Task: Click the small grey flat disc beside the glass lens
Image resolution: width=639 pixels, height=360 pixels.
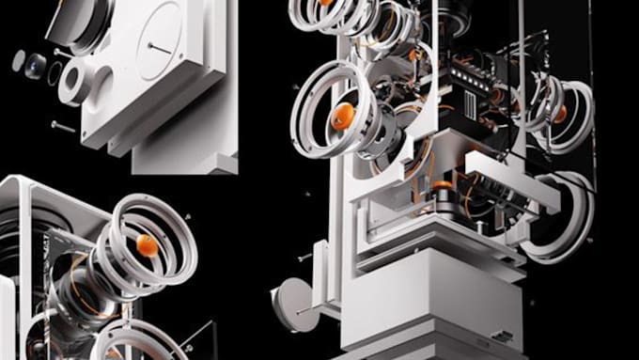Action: click(19, 59)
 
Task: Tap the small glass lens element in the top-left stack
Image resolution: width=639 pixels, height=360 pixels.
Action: click(36, 65)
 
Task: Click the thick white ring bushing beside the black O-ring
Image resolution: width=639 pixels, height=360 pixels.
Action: click(74, 84)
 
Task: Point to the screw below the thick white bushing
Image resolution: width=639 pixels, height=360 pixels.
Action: click(64, 124)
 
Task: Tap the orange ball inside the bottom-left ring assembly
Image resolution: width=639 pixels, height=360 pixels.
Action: click(147, 246)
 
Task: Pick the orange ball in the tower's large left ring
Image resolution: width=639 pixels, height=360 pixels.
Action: click(343, 115)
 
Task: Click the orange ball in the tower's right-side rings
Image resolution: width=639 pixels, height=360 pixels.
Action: click(559, 113)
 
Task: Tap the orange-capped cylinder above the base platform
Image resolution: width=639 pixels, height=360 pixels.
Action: click(440, 192)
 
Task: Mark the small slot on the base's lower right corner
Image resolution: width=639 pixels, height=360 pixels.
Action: click(505, 337)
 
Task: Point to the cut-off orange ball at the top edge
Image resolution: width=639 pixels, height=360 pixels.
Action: click(325, 3)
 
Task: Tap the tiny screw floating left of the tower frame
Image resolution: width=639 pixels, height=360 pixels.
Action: click(304, 257)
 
